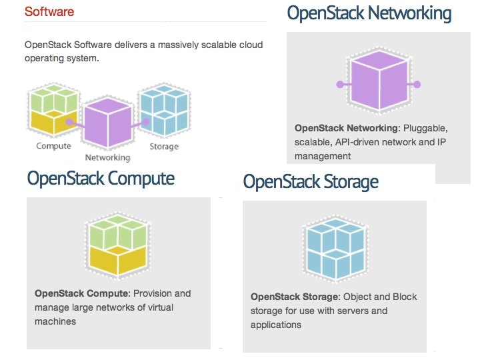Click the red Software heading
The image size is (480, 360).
click(x=49, y=12)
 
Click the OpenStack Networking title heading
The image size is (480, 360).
click(x=369, y=13)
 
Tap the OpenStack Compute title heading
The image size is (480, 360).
click(x=101, y=179)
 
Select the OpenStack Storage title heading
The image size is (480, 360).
click(x=311, y=181)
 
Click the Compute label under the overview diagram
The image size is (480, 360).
click(x=54, y=146)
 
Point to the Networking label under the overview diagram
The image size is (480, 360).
click(x=107, y=158)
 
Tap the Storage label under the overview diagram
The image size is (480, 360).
click(x=163, y=146)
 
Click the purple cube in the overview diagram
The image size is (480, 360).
click(x=107, y=125)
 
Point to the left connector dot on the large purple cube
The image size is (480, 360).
click(x=340, y=85)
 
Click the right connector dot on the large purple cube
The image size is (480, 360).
click(x=418, y=85)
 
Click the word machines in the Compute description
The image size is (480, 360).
click(x=55, y=321)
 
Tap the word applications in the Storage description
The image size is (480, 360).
click(x=276, y=325)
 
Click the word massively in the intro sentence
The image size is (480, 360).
click(x=155, y=45)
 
